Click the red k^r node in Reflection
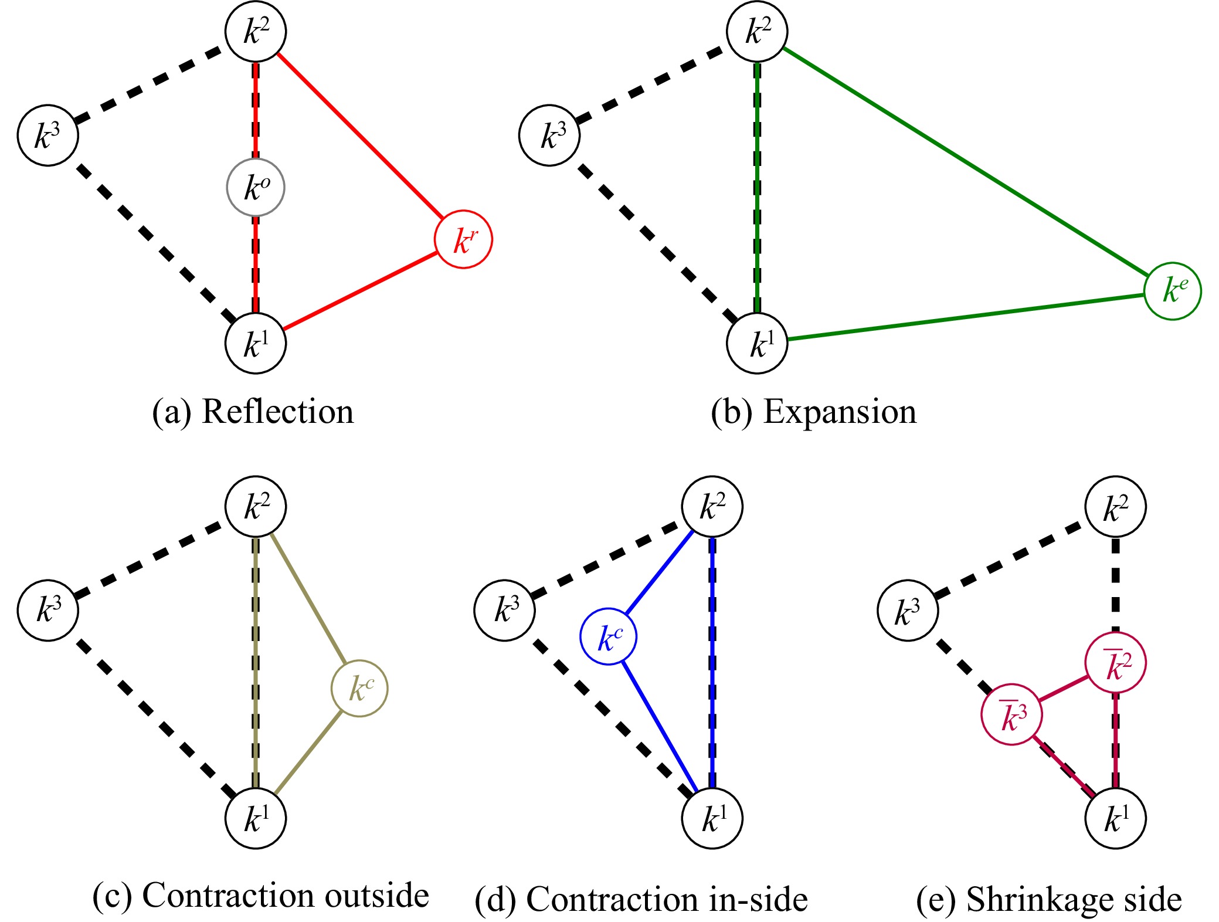click(463, 239)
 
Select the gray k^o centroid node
click(256, 187)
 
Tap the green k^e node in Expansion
click(1173, 291)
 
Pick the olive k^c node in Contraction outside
click(359, 688)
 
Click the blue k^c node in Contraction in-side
click(609, 636)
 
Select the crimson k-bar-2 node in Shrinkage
click(1115, 663)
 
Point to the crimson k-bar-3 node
click(1012, 714)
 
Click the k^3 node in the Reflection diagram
click(47, 135)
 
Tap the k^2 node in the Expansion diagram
click(757, 31)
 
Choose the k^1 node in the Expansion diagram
click(757, 343)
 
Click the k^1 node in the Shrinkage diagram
click(1115, 818)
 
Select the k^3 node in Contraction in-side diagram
click(504, 611)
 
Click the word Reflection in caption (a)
click(277, 412)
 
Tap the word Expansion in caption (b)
click(840, 412)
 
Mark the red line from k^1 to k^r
click(359, 291)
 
